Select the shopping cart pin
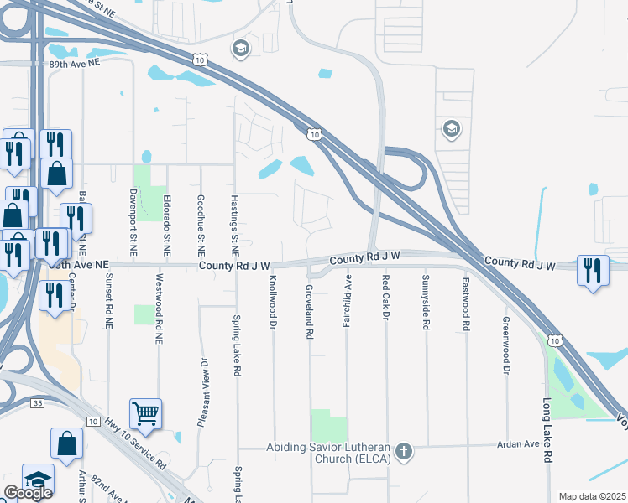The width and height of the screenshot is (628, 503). pos(145,413)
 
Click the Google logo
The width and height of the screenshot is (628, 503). pos(28,493)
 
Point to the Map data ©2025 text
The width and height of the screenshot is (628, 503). pos(592,496)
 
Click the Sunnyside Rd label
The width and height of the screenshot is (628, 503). pos(426,298)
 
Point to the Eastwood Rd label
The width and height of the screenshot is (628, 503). pos(464,298)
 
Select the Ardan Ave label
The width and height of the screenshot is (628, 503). pos(518,443)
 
